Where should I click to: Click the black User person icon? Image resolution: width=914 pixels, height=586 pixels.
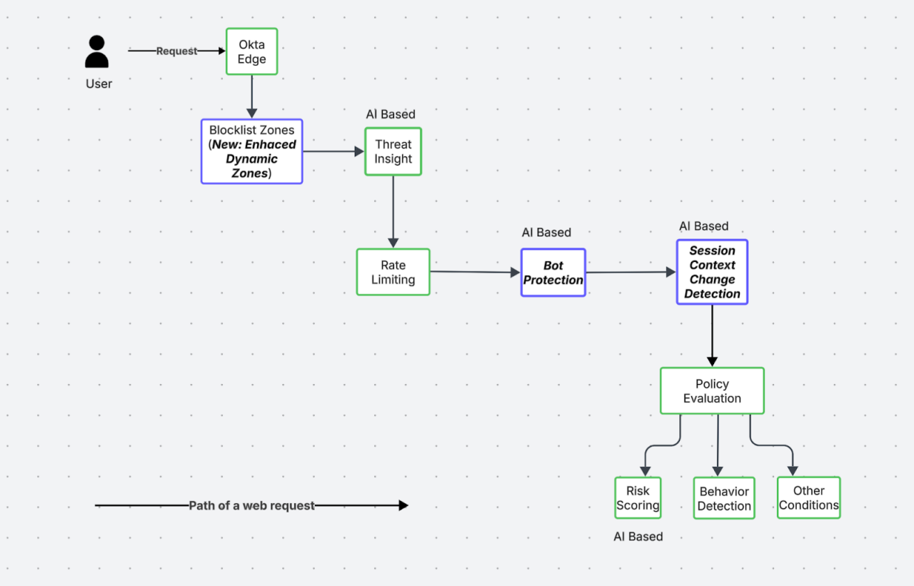(x=96, y=52)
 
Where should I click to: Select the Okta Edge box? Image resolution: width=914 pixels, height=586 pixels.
(x=251, y=51)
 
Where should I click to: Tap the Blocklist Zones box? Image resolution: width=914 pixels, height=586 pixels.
(x=251, y=151)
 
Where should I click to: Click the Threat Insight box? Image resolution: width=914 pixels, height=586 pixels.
(x=393, y=151)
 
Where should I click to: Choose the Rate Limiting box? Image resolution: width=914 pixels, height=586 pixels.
(x=393, y=272)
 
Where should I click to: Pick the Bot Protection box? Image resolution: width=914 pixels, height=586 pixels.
(x=553, y=273)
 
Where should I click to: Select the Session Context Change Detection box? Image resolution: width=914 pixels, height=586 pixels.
(x=712, y=272)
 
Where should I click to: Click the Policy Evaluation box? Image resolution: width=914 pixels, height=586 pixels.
(x=712, y=391)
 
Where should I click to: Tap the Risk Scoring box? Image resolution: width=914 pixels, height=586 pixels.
(x=638, y=498)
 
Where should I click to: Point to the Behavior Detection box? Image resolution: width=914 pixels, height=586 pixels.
(x=724, y=498)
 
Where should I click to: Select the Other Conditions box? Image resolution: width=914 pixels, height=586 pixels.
(x=808, y=497)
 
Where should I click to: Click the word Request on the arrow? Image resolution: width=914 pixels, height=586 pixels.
(x=176, y=51)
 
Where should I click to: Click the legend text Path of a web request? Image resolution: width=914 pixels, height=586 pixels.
(x=251, y=505)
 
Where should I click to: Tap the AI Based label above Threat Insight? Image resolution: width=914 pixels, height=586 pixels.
(x=391, y=114)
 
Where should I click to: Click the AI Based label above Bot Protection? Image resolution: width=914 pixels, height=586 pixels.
(x=546, y=233)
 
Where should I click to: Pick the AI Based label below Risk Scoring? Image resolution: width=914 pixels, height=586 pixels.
(x=638, y=537)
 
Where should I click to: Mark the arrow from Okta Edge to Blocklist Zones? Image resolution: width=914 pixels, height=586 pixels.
(x=251, y=96)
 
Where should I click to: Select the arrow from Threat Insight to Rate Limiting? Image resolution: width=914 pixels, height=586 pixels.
(x=393, y=211)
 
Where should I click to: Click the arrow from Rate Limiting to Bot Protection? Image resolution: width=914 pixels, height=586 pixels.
(x=475, y=272)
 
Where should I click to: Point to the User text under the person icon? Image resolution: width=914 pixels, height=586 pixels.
(x=99, y=84)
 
